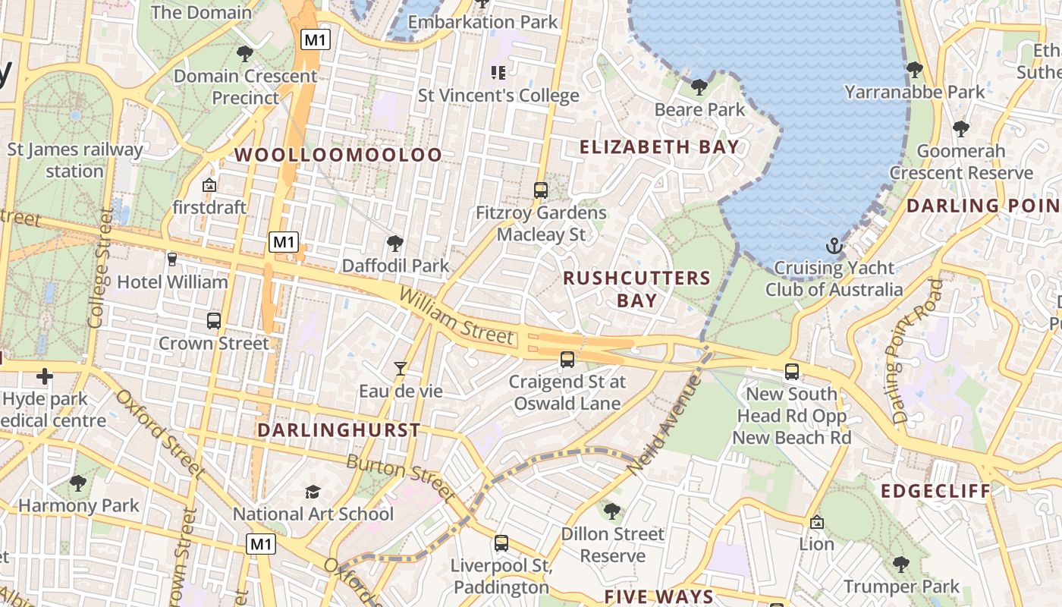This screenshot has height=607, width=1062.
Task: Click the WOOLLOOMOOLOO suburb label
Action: point(338,155)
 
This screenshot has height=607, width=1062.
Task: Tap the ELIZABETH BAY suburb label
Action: point(659,146)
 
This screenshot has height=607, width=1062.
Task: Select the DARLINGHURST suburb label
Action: point(338,430)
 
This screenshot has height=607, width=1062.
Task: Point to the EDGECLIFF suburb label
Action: point(936,491)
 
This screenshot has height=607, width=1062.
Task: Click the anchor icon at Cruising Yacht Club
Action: point(834,246)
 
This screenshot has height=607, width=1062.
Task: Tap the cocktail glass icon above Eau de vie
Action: point(401,369)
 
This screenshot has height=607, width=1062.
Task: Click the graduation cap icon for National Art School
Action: point(313,492)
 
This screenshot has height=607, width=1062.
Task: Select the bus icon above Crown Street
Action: point(214,320)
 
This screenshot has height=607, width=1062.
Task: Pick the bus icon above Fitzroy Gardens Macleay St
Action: point(541,190)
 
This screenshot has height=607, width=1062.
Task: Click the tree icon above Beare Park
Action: point(699,87)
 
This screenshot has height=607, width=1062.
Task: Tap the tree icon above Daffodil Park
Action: point(394,244)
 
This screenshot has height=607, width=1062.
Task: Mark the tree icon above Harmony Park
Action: point(78,483)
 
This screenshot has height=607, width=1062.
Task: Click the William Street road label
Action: point(456,316)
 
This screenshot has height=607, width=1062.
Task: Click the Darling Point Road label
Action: point(916,351)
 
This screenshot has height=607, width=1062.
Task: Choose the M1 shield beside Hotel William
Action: point(284,243)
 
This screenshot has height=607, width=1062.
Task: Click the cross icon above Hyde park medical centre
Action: point(45,376)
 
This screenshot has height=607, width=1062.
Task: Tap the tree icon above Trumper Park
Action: point(900,564)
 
